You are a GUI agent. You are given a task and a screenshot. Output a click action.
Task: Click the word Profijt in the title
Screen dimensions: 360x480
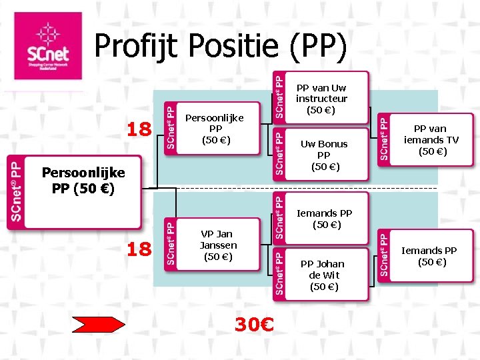133,46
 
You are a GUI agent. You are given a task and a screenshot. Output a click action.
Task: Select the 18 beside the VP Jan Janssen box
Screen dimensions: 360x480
139,249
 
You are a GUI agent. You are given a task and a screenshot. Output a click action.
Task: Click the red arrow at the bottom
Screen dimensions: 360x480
99,325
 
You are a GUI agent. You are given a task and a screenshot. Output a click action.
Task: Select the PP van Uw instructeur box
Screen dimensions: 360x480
321,98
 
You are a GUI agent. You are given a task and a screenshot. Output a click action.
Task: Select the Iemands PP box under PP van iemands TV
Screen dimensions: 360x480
427,256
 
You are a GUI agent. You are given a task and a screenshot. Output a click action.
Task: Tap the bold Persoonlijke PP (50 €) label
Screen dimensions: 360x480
83,181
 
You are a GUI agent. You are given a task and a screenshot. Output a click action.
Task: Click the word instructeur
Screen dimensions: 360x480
321,99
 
